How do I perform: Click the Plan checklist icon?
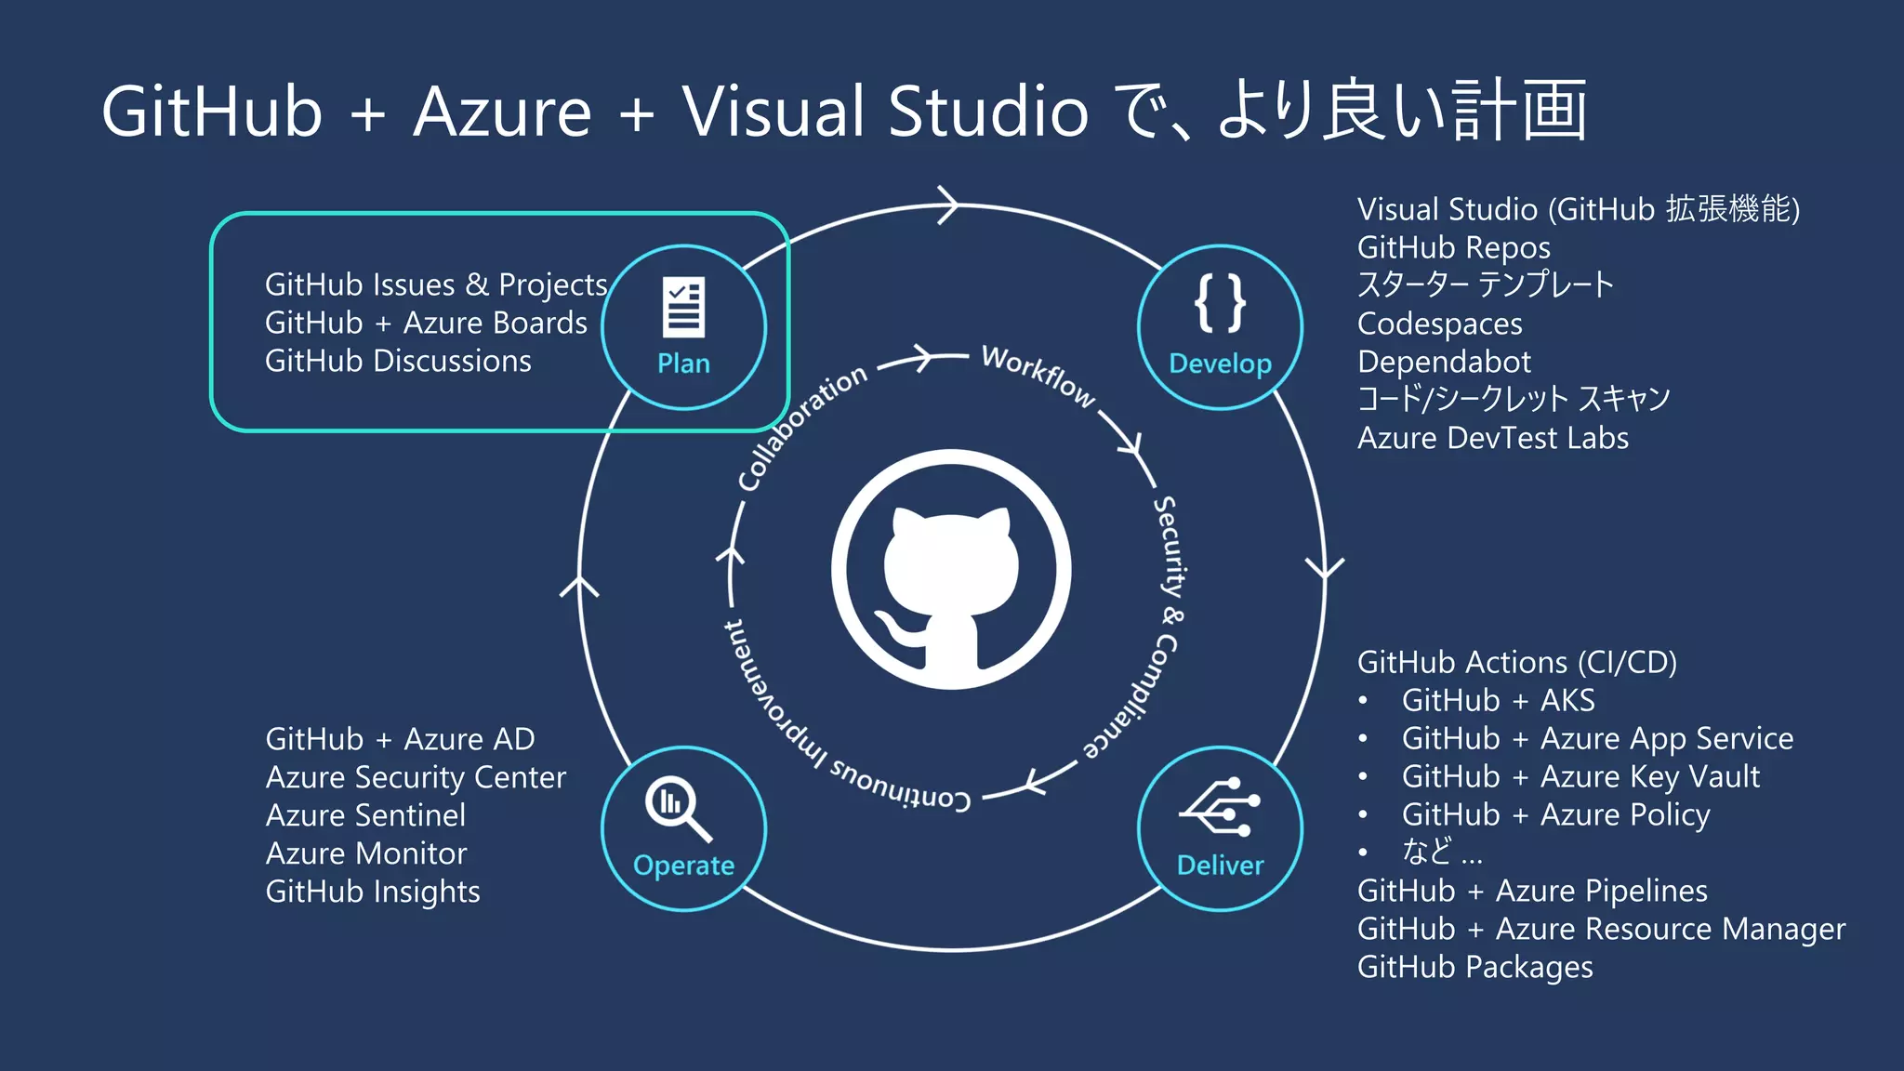[x=683, y=307]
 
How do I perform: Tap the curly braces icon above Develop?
[x=1220, y=303]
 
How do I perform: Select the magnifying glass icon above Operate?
[x=678, y=807]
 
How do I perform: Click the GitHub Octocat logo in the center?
[x=950, y=570]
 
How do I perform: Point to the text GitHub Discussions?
[x=398, y=361]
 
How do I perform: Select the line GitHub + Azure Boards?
[x=426, y=323]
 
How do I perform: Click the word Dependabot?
[x=1443, y=362]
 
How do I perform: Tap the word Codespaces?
[x=1439, y=324]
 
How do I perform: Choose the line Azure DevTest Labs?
[x=1492, y=438]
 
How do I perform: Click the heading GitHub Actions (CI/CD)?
[x=1516, y=662]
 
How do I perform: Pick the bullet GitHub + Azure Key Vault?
[x=1580, y=776]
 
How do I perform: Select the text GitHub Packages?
[x=1474, y=967]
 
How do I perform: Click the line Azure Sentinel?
[x=365, y=815]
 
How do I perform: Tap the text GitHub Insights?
[x=373, y=892]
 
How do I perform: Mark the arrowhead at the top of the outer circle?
[x=948, y=205]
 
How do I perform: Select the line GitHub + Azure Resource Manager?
[x=1601, y=929]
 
